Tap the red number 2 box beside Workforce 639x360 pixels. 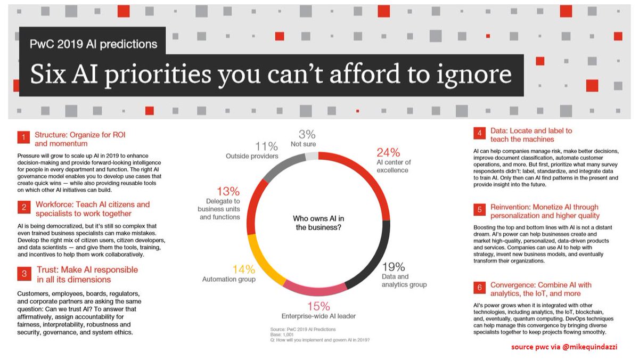point(23,208)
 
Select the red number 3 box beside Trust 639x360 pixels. point(23,274)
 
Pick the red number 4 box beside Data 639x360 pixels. point(480,134)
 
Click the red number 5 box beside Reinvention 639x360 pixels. point(480,210)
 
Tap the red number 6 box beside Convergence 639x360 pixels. point(480,288)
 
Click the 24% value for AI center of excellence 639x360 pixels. point(388,152)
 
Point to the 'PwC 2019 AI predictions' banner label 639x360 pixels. point(93,43)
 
